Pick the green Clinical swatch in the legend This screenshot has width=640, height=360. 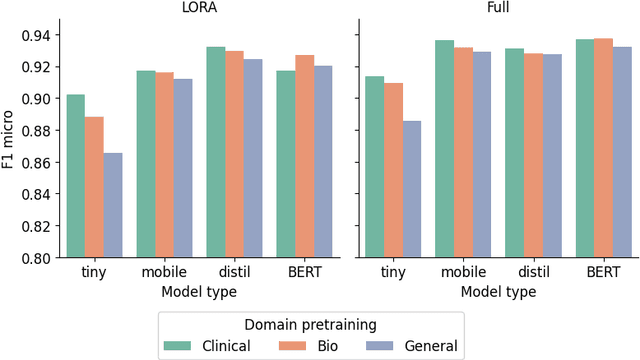[178, 346]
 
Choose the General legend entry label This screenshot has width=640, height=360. [431, 346]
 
